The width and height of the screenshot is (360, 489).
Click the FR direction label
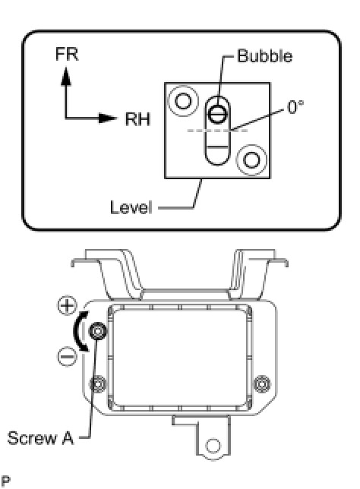67,54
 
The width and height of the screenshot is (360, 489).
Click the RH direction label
138,119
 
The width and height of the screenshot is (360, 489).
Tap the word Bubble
265,56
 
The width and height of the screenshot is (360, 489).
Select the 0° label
295,107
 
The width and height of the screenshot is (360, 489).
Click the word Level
131,207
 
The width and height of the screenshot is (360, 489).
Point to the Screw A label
40,438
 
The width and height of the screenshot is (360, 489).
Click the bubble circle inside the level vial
218,114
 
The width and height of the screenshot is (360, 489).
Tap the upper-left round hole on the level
183,101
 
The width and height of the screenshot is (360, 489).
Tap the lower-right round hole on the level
251,160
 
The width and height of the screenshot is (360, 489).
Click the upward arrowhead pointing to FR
66,76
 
